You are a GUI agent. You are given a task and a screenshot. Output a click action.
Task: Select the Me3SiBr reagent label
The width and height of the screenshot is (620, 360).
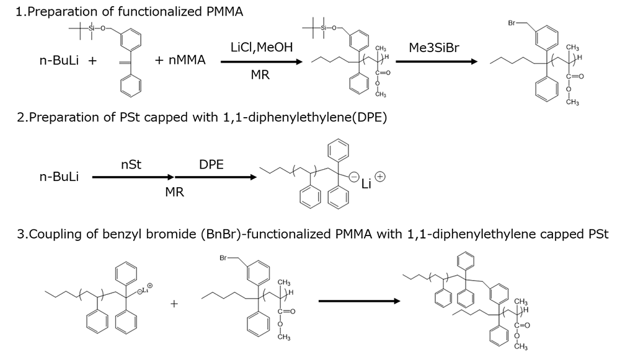click(434, 48)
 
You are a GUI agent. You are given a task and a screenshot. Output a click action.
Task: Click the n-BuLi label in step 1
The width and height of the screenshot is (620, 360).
click(60, 61)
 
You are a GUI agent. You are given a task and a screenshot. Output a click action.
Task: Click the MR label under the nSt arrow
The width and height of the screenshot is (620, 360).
click(174, 192)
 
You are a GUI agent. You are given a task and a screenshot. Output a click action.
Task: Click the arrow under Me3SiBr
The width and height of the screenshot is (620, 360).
click(436, 61)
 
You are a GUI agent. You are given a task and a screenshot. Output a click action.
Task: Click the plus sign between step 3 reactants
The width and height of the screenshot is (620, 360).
click(175, 303)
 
